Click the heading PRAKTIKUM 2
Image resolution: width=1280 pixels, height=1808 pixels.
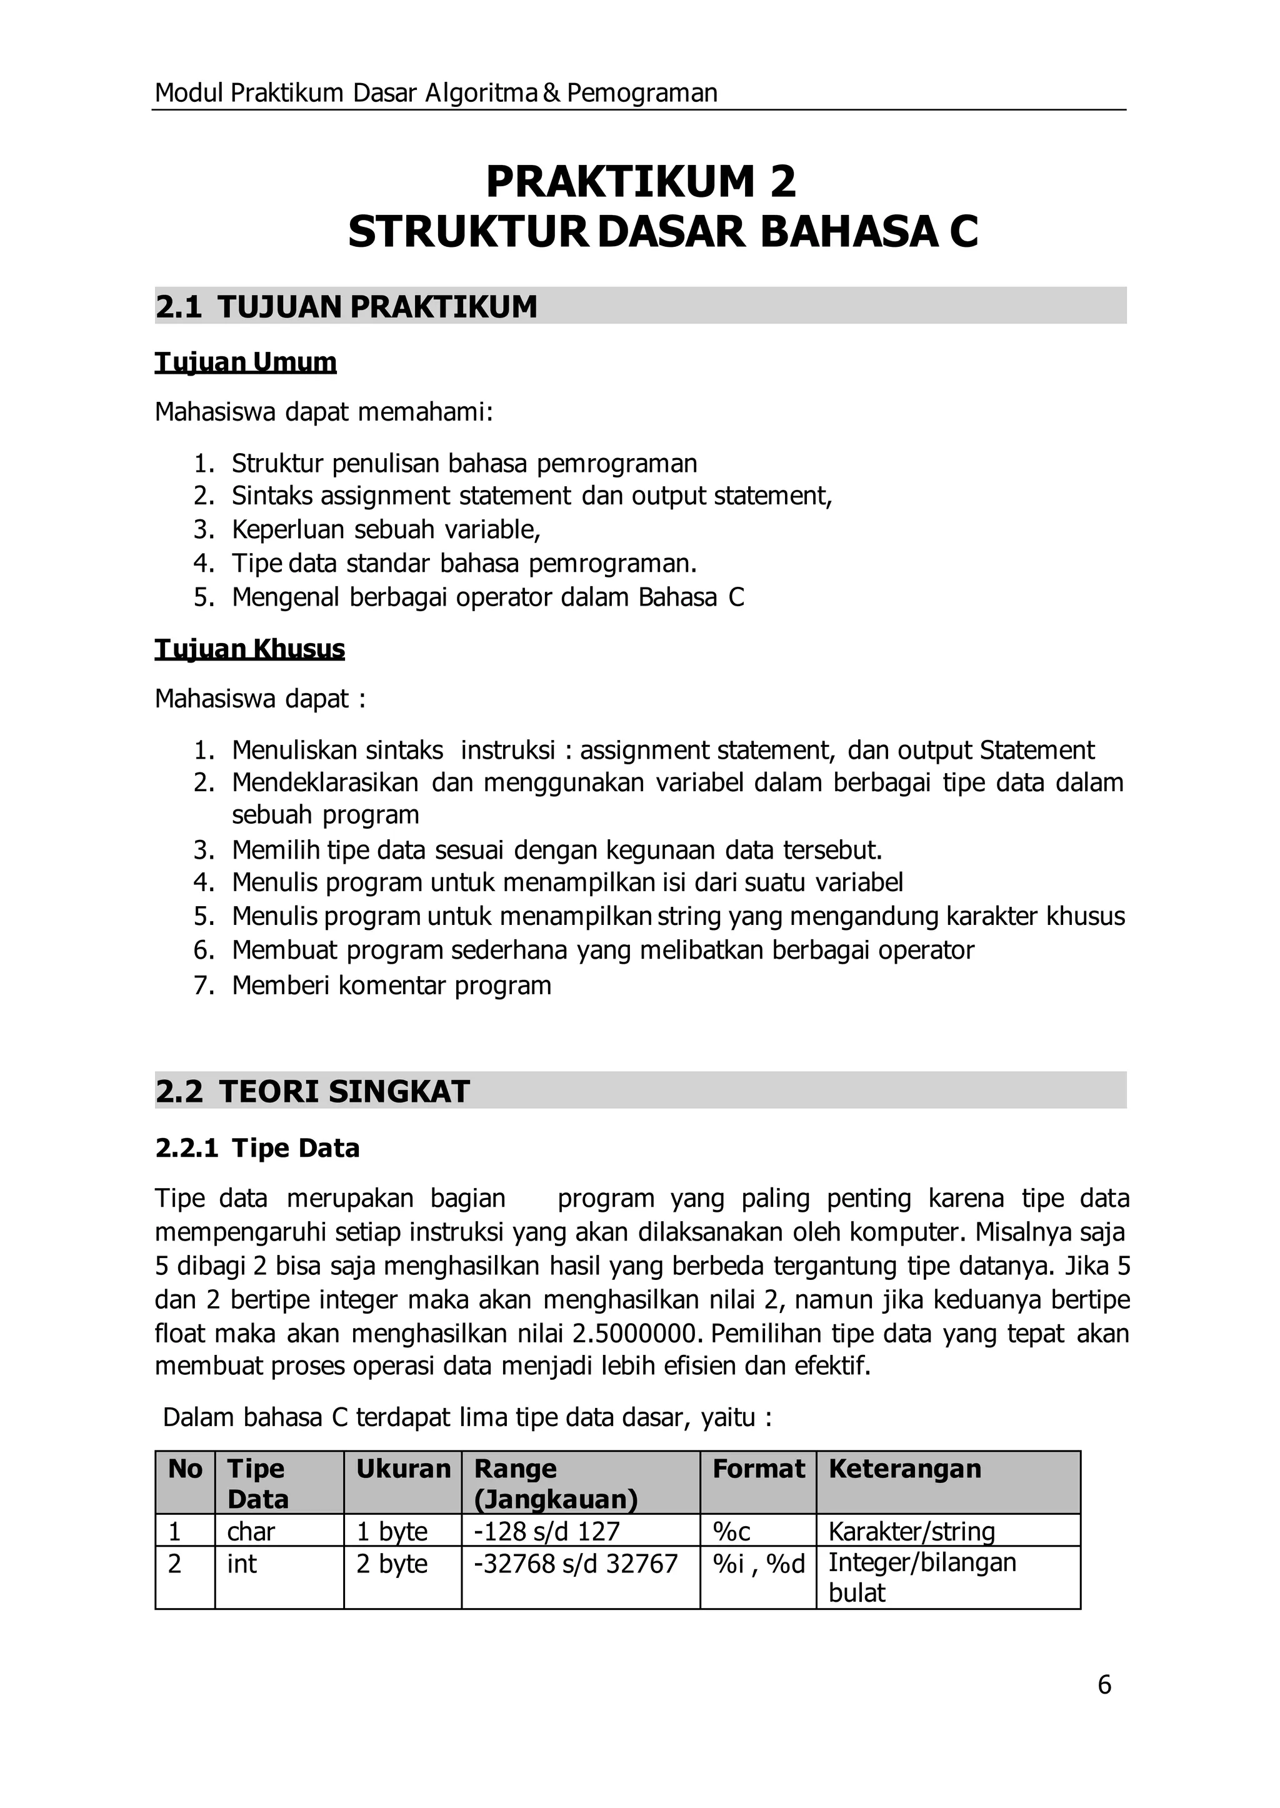click(640, 181)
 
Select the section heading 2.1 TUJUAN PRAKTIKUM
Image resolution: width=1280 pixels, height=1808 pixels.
click(346, 307)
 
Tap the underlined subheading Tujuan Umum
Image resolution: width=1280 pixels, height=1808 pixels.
click(245, 362)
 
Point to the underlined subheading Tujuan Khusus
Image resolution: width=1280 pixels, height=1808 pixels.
click(249, 649)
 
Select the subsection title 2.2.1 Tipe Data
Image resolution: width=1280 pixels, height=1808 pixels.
click(257, 1148)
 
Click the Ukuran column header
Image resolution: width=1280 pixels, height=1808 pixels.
click(402, 1469)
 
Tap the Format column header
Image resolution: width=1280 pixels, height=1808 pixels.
click(758, 1469)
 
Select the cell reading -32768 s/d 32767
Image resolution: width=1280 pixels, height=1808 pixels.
click(576, 1564)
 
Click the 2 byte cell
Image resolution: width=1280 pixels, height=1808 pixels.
click(392, 1564)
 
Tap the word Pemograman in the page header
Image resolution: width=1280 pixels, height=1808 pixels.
click(642, 93)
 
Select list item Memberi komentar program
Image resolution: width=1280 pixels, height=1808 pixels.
click(392, 985)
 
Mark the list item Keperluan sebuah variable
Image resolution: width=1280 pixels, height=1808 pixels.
click(386, 529)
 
